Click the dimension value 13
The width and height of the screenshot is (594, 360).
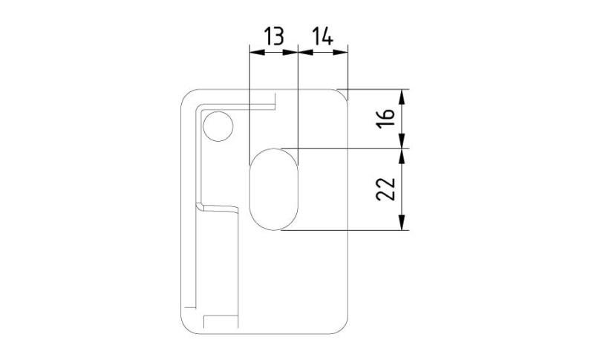273,36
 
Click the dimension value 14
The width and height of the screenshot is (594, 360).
322,36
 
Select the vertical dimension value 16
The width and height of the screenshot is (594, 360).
385,119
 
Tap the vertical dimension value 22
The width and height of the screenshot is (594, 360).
385,189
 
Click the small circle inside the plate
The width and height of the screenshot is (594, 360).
218,126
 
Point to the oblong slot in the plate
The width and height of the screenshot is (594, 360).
274,189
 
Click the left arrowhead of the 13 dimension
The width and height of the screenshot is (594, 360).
256,52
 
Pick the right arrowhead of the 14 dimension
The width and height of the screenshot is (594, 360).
340,52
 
